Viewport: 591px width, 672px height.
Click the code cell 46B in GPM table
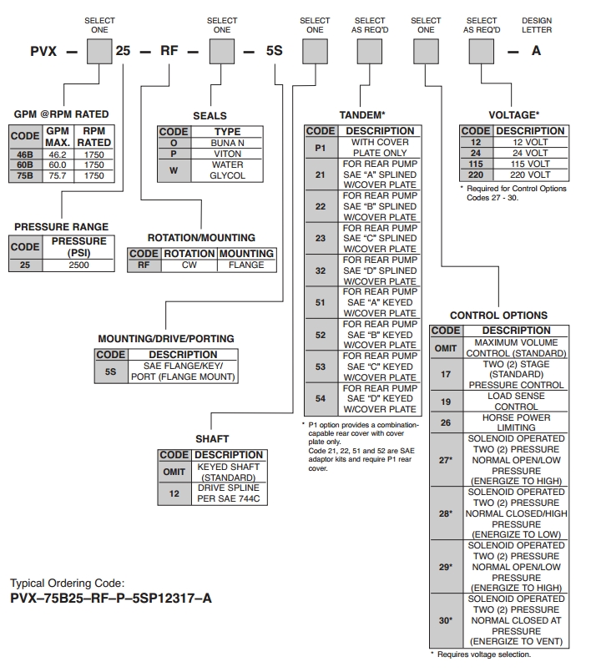(x=23, y=155)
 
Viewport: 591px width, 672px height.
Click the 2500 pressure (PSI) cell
(x=78, y=265)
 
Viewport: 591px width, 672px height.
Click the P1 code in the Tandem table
(x=321, y=148)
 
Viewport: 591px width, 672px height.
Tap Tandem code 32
(x=321, y=270)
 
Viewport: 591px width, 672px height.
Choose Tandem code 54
(x=321, y=397)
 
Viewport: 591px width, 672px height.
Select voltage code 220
(x=475, y=174)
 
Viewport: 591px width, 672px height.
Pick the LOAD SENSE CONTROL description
(x=511, y=401)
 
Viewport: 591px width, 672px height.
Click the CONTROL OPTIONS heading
(x=498, y=316)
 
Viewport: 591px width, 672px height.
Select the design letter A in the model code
(x=537, y=50)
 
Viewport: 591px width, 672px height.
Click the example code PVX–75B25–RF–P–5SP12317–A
(x=110, y=598)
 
